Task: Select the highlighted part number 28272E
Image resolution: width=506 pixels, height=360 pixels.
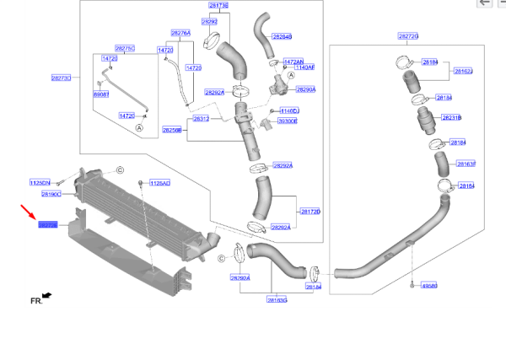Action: pos(47,225)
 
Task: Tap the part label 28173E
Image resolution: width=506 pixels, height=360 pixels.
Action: pos(217,5)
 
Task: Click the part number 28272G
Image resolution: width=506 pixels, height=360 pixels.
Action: pos(408,37)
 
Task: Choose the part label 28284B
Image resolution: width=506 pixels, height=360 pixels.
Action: pos(281,37)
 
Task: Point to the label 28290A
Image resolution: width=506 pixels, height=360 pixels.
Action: pos(304,89)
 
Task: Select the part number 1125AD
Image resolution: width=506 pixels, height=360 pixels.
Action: pos(159,183)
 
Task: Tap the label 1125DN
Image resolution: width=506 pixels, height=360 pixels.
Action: pos(40,182)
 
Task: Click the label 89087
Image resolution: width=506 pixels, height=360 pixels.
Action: pos(101,94)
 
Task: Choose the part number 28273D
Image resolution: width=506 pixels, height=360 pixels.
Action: pos(61,78)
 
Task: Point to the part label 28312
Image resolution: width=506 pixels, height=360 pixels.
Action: pos(202,119)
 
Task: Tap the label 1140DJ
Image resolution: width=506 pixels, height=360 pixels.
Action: pos(290,110)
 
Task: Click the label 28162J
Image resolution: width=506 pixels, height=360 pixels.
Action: pos(464,72)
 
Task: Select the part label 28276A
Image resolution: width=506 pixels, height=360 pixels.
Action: pos(180,33)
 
